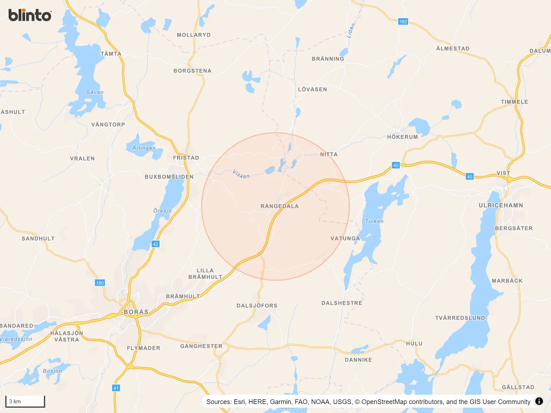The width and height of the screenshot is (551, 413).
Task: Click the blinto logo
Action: [x=30, y=15]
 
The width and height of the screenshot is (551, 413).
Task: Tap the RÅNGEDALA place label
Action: [x=279, y=206]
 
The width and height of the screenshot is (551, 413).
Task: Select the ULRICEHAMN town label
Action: [x=500, y=205]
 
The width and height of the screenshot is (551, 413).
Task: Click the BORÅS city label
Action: [x=136, y=312]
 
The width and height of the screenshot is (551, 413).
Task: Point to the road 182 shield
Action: [x=403, y=22]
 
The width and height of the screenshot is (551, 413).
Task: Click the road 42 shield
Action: [x=155, y=244]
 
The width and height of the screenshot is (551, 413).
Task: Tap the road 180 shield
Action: [x=100, y=283]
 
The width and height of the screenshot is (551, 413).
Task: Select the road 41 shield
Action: [x=116, y=388]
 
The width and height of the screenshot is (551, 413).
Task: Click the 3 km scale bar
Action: [x=25, y=402]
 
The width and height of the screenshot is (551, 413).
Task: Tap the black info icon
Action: [x=539, y=401]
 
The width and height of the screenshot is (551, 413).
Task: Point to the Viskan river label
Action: [x=241, y=174]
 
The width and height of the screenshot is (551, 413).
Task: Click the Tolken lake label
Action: [x=374, y=221]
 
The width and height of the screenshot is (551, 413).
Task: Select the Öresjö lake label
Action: [x=162, y=211]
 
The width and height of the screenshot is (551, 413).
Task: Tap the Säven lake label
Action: [x=95, y=92]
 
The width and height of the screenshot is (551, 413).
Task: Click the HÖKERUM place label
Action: [x=402, y=137]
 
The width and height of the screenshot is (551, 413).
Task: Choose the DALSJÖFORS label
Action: [x=257, y=306]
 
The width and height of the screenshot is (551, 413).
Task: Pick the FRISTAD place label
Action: [x=186, y=158]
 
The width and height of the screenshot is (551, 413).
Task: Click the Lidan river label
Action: [x=350, y=31]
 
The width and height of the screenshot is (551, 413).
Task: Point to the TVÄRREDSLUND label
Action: [x=460, y=318]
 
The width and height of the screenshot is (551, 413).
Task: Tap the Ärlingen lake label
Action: [x=144, y=148]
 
